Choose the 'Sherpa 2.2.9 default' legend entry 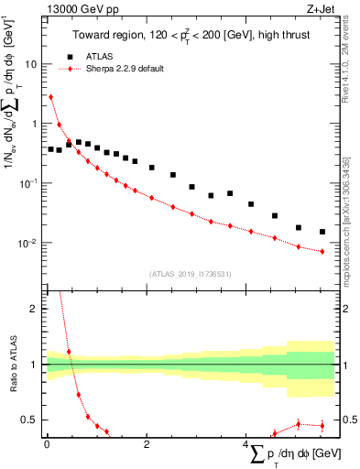[x=124, y=69]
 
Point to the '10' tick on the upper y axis [x=31, y=65]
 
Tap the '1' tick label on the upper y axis [x=35, y=124]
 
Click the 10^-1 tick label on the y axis [x=29, y=183]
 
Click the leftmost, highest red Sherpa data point [x=50, y=96]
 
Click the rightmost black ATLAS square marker [x=322, y=232]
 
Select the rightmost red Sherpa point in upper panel [x=322, y=251]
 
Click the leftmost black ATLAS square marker [x=50, y=148]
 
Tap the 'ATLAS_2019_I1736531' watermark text [x=190, y=274]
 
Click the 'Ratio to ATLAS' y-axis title [x=12, y=365]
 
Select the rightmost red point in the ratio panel [x=322, y=425]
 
